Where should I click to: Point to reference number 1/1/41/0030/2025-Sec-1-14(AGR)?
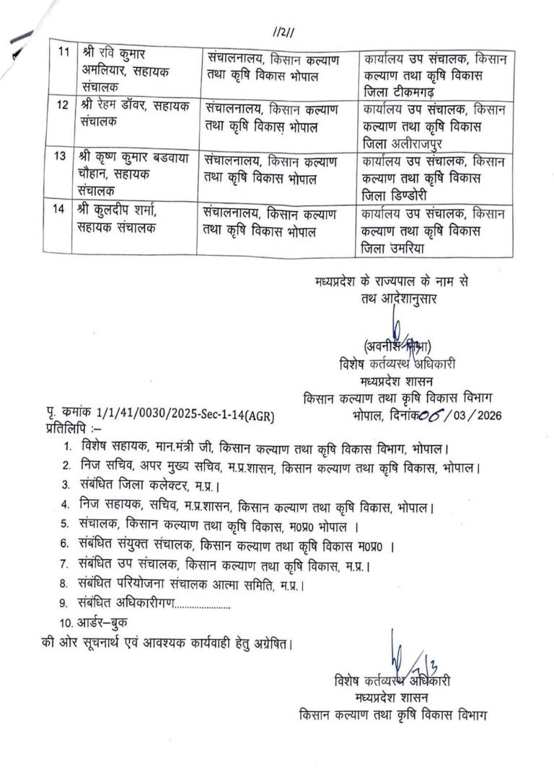pyautogui.click(x=185, y=414)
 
